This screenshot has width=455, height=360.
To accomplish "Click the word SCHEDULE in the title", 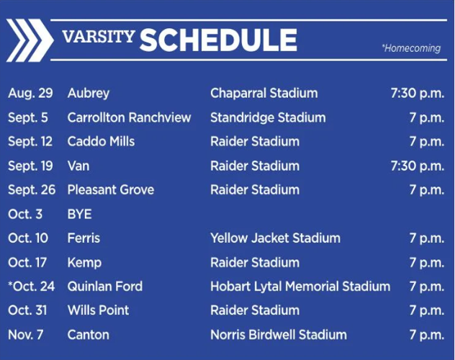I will click(218, 40).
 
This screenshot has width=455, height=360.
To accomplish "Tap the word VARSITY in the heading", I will click(98, 37).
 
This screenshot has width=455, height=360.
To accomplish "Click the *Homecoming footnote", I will click(411, 48).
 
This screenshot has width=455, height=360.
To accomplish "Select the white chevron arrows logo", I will click(29, 40).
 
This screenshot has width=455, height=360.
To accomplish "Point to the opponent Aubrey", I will click(89, 94).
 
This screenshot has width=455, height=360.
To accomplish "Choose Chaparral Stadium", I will click(263, 94).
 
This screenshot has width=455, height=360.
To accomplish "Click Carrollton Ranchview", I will click(130, 117).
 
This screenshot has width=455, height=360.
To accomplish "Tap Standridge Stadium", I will click(268, 117).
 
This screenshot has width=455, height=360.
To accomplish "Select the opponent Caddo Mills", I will click(101, 142).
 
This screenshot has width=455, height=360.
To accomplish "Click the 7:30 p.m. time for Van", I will click(417, 166).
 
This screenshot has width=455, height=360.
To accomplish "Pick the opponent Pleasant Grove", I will click(111, 190).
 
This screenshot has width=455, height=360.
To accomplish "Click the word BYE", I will click(79, 215).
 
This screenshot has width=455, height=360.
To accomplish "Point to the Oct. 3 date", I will click(25, 215).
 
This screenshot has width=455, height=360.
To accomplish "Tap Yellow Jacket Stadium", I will click(275, 238).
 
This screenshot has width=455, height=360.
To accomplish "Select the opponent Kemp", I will click(84, 263).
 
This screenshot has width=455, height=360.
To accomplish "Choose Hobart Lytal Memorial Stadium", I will click(300, 287).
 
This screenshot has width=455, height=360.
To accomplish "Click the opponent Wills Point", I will click(99, 310).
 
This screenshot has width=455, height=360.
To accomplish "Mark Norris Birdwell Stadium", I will click(279, 335).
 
